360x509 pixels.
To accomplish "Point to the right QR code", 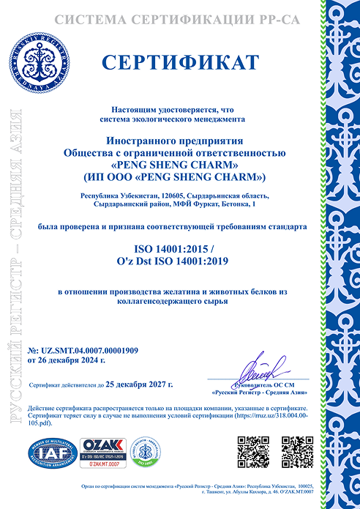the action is point(296,450).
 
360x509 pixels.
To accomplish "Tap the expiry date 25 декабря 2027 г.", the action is point(140,383).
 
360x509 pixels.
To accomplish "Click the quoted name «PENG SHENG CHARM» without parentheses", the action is point(175,165).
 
